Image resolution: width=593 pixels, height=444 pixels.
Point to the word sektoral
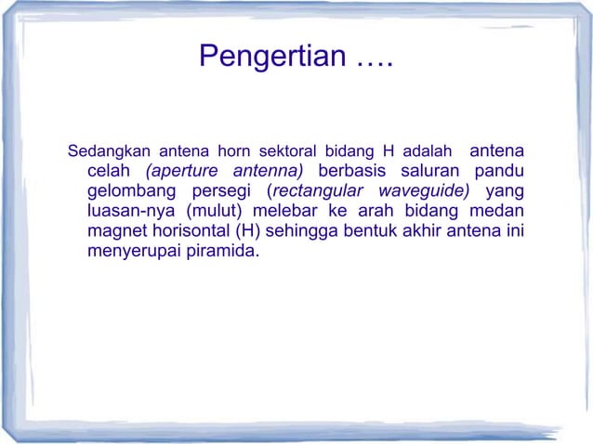pyautogui.click(x=287, y=150)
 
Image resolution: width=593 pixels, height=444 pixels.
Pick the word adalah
pyautogui.click(x=428, y=150)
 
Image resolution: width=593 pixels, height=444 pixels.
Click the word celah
pyautogui.click(x=110, y=171)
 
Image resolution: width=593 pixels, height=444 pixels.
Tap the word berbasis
pyautogui.click(x=353, y=171)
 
